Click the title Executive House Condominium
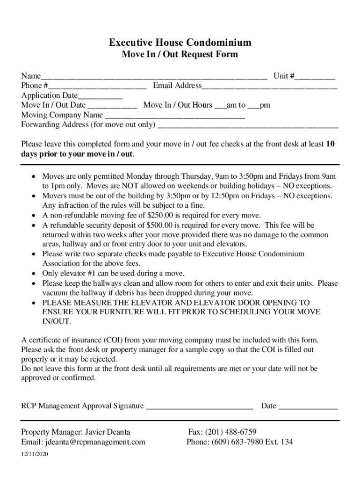(x=180, y=43)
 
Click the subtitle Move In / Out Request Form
(x=180, y=55)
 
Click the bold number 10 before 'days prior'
(x=330, y=144)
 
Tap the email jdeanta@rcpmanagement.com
(x=95, y=442)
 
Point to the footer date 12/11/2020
(x=35, y=455)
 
